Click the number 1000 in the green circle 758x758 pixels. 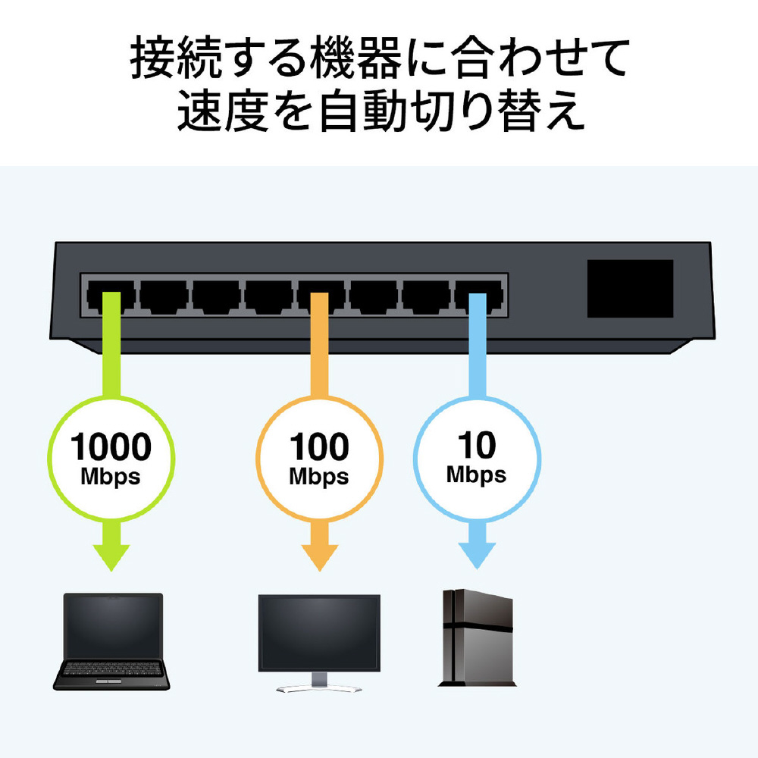point(111,447)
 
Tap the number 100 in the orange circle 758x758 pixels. point(319,447)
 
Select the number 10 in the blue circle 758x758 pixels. point(477,445)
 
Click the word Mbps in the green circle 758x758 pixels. point(111,477)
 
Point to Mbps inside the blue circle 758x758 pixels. point(476,475)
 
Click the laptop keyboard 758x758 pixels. point(111,669)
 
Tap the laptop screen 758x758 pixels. point(113,627)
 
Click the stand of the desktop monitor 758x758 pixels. point(319,683)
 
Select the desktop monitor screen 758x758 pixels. point(319,632)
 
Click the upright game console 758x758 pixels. point(477,637)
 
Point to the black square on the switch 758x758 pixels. point(630,289)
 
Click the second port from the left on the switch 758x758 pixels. point(164,296)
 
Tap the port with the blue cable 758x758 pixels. point(478,296)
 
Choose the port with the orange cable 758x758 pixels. point(321,296)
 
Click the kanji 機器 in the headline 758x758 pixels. point(356,58)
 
